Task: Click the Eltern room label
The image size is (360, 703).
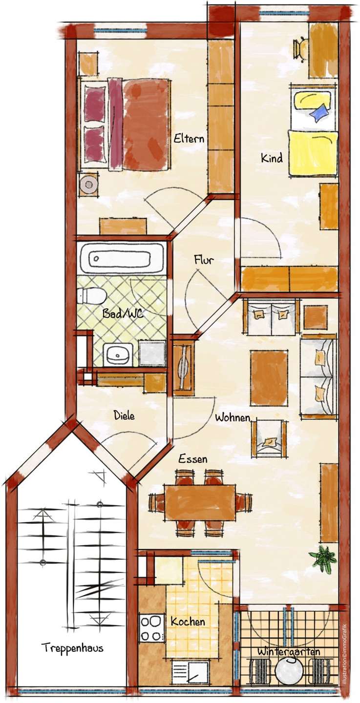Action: point(189,138)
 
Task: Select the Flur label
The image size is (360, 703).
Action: point(204,260)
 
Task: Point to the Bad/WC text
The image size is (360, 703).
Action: point(123,313)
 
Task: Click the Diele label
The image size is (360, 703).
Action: point(124,415)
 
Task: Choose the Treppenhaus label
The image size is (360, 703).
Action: point(73,647)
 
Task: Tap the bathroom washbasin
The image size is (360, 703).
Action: point(118,354)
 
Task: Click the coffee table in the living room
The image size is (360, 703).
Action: point(269,378)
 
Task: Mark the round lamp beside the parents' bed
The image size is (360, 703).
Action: point(88,184)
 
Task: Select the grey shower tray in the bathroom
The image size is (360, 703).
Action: point(152,354)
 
